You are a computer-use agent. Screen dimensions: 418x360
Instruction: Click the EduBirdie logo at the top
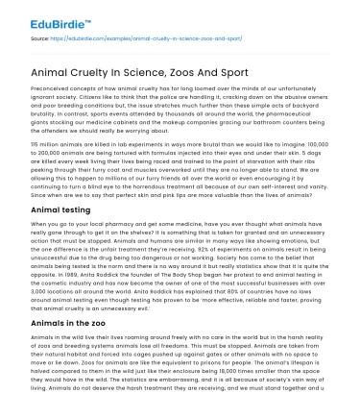tap(48, 14)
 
